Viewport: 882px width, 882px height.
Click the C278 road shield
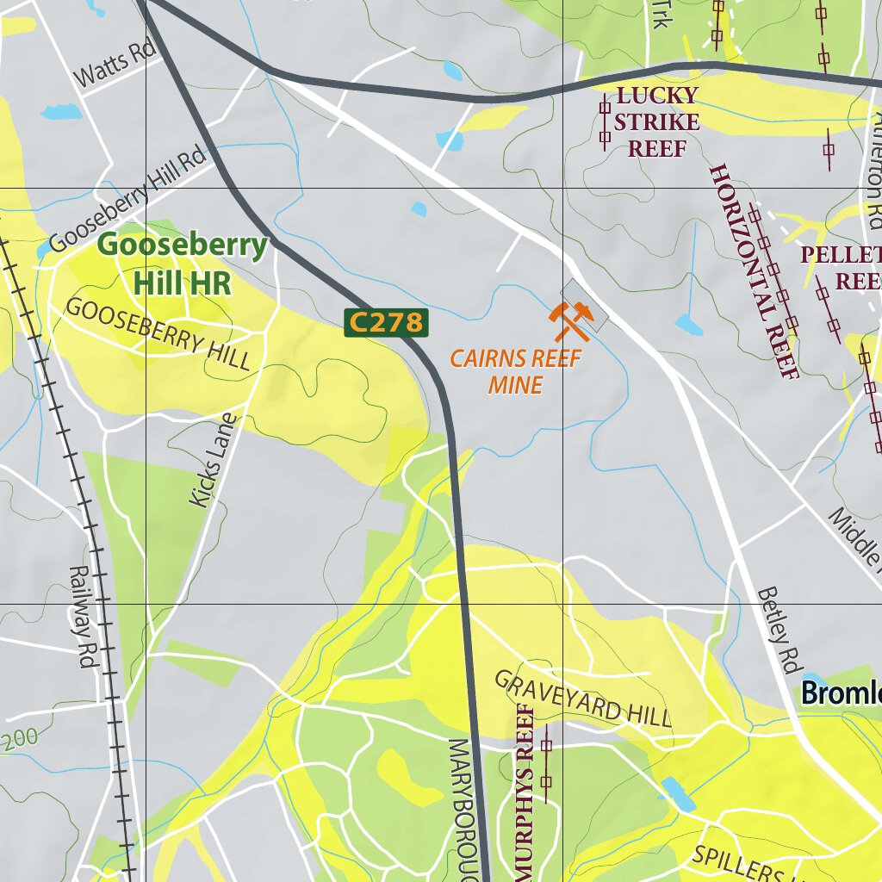387,323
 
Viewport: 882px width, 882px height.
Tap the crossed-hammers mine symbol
571,321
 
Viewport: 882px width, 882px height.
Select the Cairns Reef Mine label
516,371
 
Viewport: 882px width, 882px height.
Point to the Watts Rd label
115,65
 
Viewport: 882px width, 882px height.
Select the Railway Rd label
83,617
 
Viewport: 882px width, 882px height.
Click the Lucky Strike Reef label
657,121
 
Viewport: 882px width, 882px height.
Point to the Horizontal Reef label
755,270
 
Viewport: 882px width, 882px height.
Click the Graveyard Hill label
581,699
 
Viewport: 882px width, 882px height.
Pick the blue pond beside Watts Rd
59,112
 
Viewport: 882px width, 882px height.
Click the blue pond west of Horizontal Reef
688,325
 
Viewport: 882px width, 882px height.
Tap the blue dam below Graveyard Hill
679,794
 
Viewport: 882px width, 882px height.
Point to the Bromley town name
841,693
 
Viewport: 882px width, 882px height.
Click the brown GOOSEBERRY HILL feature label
158,333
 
